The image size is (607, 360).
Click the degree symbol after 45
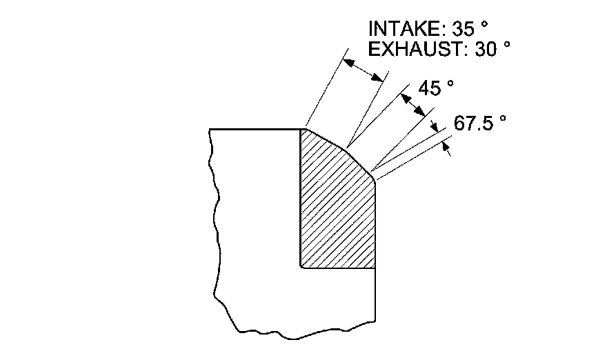(x=450, y=83)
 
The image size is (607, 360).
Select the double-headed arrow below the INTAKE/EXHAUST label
(x=364, y=70)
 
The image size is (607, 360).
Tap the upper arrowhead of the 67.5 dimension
(x=435, y=127)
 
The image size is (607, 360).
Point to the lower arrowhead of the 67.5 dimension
(x=448, y=148)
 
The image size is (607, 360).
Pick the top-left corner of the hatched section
(x=301, y=129)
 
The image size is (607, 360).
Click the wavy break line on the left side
(x=213, y=207)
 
